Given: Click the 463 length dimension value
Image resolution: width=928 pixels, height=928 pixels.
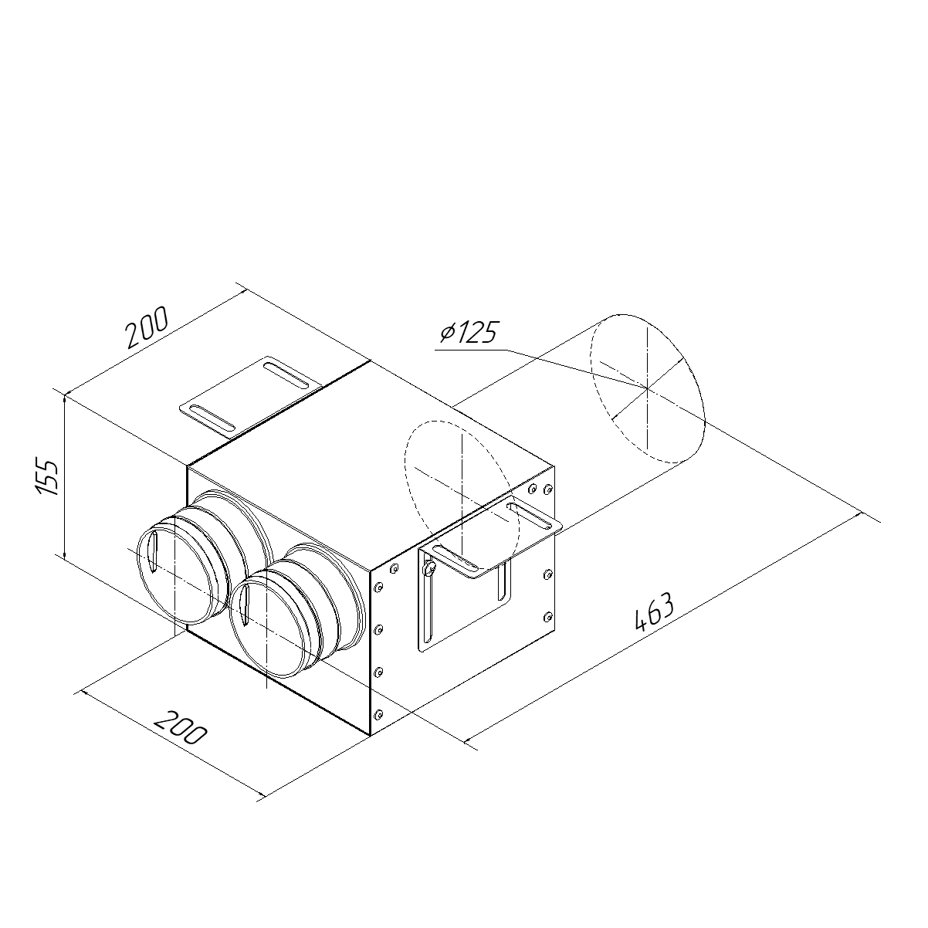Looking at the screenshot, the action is click(655, 612).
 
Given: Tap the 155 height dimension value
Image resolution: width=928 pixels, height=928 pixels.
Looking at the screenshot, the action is click(47, 478).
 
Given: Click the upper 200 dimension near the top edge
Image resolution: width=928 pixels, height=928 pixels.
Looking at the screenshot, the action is click(147, 327).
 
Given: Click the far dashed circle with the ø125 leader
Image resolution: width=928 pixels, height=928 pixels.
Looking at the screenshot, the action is click(648, 388).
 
